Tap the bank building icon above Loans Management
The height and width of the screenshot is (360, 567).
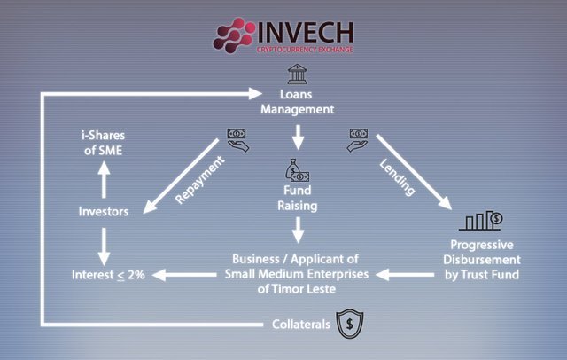point(298,74)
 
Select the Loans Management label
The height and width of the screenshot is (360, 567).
point(298,102)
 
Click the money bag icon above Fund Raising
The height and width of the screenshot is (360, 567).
point(298,170)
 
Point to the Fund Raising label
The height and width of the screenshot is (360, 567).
point(298,198)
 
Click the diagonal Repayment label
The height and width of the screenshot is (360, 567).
point(199,180)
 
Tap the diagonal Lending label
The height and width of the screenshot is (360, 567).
point(398,177)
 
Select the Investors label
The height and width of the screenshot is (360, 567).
point(104,211)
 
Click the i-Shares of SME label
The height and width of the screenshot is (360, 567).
point(103,143)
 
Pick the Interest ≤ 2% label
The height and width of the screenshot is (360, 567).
point(108,275)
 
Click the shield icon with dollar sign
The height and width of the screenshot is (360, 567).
point(350,324)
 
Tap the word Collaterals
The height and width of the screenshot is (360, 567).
point(301,325)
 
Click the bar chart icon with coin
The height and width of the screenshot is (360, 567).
point(481,221)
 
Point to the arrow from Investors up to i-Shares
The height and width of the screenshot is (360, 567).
point(104,179)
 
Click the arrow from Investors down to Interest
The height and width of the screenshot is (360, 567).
point(104,247)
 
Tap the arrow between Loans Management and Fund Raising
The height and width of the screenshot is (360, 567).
point(298,137)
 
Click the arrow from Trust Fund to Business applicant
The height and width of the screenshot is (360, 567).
point(405,275)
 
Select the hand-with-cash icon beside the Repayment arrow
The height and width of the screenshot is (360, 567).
point(237,140)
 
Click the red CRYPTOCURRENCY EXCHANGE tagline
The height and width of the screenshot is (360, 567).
point(305,50)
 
